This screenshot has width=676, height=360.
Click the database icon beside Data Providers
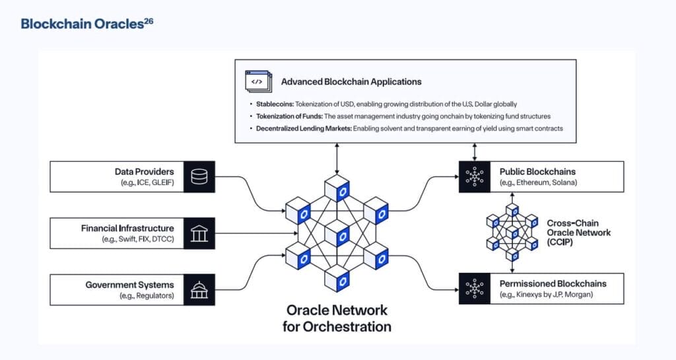click(199, 177)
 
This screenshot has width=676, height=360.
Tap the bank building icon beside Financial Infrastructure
click(199, 233)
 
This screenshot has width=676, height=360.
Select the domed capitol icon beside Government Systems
click(199, 290)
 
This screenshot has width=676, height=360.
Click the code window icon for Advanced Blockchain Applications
click(259, 81)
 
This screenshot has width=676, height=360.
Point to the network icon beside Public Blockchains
click(474, 177)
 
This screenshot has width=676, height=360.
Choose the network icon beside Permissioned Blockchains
click(474, 289)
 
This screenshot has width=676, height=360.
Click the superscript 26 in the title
click(149, 20)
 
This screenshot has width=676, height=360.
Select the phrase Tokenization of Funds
click(289, 116)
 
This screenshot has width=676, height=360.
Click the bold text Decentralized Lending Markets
click(304, 129)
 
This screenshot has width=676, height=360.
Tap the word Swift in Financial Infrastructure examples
click(127, 239)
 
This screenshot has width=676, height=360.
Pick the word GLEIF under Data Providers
click(162, 182)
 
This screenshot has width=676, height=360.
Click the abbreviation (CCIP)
click(560, 242)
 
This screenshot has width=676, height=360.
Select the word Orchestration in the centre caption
click(347, 327)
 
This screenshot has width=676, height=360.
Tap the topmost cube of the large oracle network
click(337, 188)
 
